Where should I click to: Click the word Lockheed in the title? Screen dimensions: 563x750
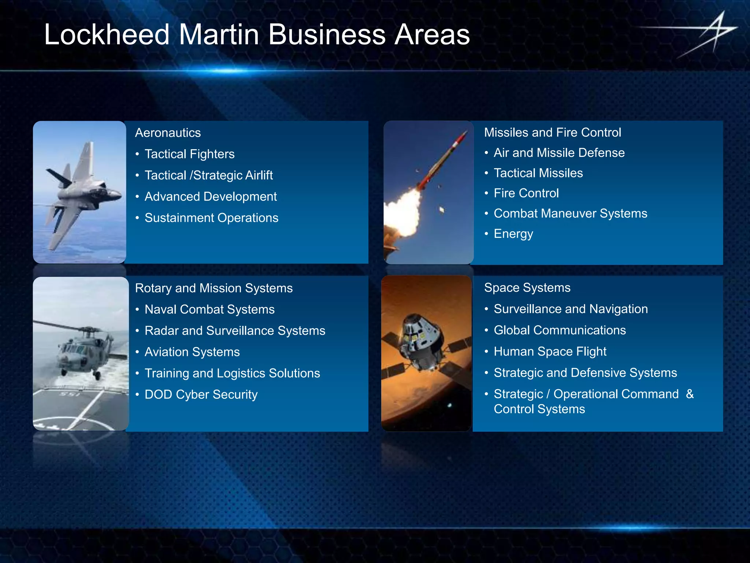[x=107, y=34]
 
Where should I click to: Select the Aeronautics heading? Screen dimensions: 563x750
[x=168, y=133]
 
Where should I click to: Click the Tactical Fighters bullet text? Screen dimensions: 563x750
[x=189, y=154]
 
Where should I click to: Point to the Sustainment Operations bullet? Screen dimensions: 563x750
[x=211, y=218]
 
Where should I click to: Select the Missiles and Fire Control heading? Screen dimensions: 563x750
[x=552, y=132]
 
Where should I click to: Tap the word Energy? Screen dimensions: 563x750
[x=513, y=234]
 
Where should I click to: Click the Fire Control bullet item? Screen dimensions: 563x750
[x=526, y=193]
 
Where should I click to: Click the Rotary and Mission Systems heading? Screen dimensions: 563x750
[x=214, y=288]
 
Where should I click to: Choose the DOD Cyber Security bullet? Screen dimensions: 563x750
[x=201, y=394]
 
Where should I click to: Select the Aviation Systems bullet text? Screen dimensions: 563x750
[x=192, y=352]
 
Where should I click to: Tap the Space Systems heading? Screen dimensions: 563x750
[x=527, y=288]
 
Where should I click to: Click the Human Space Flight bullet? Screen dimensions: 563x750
[x=550, y=352]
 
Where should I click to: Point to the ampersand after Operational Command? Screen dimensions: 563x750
[x=690, y=394]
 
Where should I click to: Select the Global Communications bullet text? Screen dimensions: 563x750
[x=560, y=330]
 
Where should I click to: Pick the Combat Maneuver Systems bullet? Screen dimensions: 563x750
[x=570, y=213]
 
